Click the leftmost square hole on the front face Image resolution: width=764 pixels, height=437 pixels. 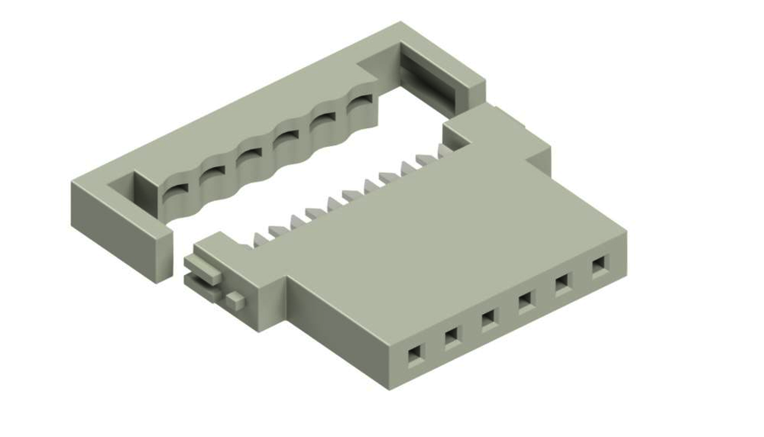pyautogui.click(x=414, y=354)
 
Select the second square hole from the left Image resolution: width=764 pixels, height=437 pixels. pyautogui.click(x=452, y=337)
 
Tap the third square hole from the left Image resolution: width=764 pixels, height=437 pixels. pyautogui.click(x=488, y=319)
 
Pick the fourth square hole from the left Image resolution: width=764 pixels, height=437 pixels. pyautogui.click(x=525, y=300)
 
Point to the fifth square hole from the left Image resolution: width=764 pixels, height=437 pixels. pyautogui.click(x=562, y=283)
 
